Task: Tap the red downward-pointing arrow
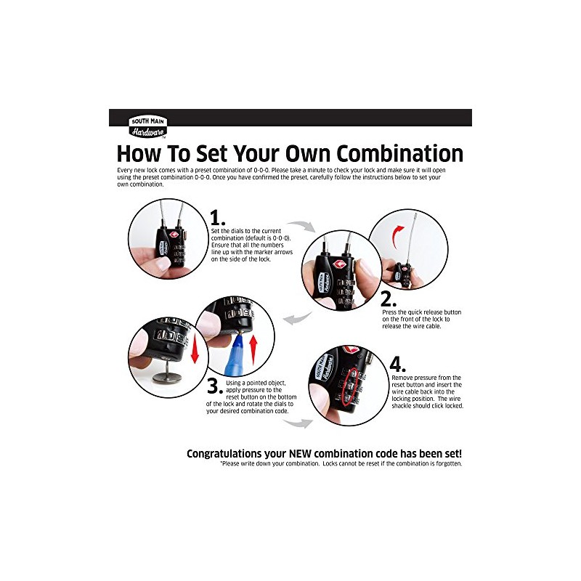pos(194,350)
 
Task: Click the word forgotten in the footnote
pos(444,463)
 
